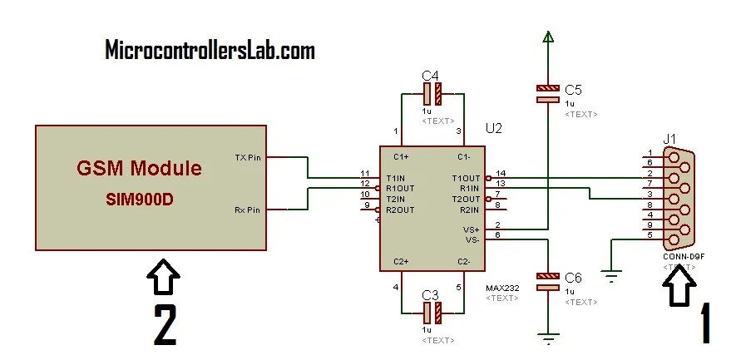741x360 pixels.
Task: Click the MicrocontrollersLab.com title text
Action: [x=210, y=51]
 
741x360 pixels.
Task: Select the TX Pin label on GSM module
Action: [x=248, y=158]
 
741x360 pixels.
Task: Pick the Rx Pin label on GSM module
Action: [x=247, y=210]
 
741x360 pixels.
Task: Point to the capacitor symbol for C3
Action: [x=431, y=313]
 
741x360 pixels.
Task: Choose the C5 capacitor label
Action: [x=573, y=89]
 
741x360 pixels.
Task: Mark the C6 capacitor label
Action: [x=573, y=277]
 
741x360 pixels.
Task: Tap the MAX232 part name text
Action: [x=502, y=288]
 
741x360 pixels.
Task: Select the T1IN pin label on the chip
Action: [x=396, y=178]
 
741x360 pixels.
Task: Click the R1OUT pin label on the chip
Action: [x=399, y=189]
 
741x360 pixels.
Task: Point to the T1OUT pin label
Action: [x=466, y=178]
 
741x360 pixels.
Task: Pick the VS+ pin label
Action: [x=472, y=229]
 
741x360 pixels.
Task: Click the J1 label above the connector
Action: [x=669, y=138]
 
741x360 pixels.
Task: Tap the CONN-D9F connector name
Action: [x=683, y=256]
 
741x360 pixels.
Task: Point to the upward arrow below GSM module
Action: [x=164, y=278]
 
